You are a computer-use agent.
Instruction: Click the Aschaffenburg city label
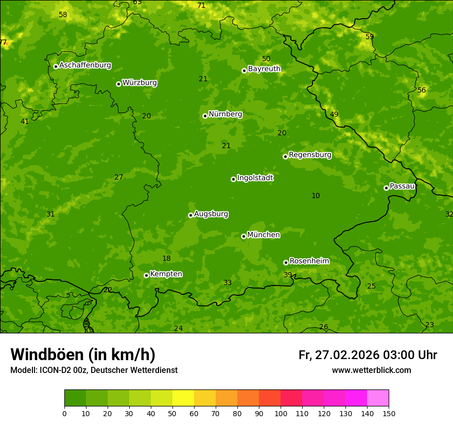point(85,65)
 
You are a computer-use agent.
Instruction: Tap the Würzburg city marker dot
point(118,84)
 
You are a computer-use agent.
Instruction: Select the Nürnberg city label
point(225,114)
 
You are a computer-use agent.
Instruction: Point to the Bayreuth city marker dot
point(244,70)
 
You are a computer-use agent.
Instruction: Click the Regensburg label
point(310,155)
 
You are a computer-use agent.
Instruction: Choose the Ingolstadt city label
point(255,178)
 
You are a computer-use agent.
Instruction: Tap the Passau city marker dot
point(386,188)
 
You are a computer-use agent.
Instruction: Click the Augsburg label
point(211,214)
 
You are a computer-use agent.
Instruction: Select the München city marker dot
point(243,236)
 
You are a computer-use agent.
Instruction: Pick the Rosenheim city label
point(309,261)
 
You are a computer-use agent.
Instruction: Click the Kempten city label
point(166,274)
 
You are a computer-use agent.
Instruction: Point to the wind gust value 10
point(316,195)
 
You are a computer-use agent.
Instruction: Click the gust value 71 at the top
point(201,5)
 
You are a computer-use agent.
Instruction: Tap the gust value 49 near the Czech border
point(334,114)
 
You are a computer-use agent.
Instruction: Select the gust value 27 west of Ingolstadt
point(118,177)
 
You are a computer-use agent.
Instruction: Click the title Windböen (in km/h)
point(83,354)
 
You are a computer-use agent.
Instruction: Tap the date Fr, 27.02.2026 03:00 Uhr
point(368,355)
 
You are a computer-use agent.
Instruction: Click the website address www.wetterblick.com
point(371,370)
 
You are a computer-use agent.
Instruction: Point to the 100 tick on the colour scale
point(281,413)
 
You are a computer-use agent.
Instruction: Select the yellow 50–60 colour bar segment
point(183,398)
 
